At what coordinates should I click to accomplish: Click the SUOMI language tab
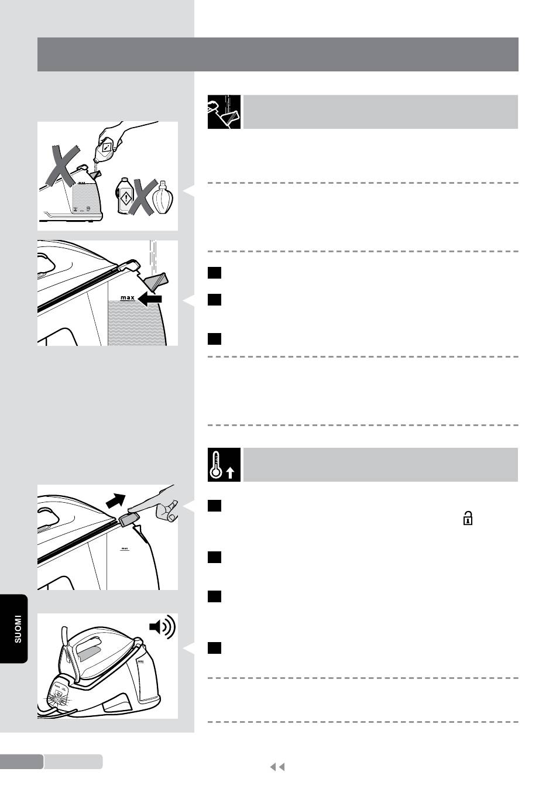pyautogui.click(x=14, y=629)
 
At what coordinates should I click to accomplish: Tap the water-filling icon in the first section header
pyautogui.click(x=224, y=112)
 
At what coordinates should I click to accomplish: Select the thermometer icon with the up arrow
pyautogui.click(x=224, y=465)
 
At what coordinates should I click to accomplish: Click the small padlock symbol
pyautogui.click(x=468, y=518)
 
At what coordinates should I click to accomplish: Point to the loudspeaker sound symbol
pyautogui.click(x=162, y=627)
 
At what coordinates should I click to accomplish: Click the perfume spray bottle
pyautogui.click(x=162, y=198)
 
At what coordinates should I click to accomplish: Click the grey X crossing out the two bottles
pyautogui.click(x=142, y=197)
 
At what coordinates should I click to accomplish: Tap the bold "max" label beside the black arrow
pyautogui.click(x=128, y=298)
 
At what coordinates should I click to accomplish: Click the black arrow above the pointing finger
pyautogui.click(x=116, y=500)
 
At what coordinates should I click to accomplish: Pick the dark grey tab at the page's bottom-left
pyautogui.click(x=22, y=761)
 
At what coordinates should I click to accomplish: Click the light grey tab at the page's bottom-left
pyautogui.click(x=73, y=761)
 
